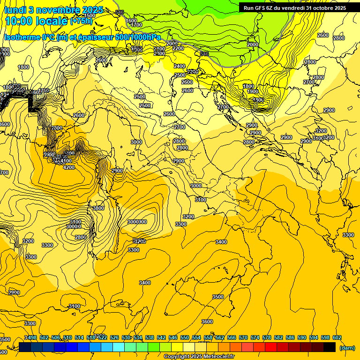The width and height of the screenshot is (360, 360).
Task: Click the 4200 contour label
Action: [x=68, y=167]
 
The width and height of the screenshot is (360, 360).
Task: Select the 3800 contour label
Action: [x=98, y=208]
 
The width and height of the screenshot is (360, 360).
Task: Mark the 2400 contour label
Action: [x=180, y=67]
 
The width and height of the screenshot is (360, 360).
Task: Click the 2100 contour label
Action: [x=159, y=49]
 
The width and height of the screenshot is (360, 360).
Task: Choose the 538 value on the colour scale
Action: [x=150, y=337]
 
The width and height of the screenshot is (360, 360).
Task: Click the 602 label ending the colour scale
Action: [x=337, y=337]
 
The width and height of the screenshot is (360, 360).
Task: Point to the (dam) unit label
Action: [x=347, y=348]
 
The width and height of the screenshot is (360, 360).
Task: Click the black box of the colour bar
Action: [x=330, y=347]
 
